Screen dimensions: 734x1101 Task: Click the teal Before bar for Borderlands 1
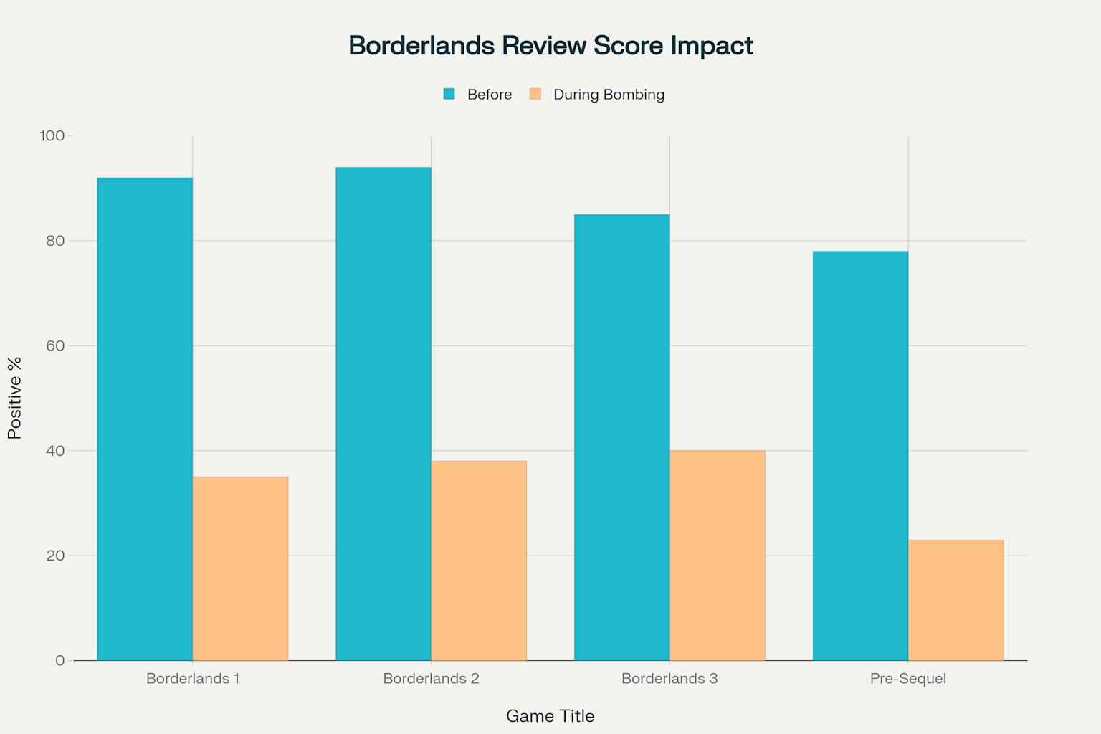point(145,419)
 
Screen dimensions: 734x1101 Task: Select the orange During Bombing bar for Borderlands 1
point(240,568)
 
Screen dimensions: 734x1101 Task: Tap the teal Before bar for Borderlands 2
point(383,414)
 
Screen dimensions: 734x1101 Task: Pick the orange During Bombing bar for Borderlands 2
point(479,561)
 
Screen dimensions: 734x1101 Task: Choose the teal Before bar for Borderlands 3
point(622,437)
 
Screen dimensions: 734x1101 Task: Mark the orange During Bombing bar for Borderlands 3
point(718,556)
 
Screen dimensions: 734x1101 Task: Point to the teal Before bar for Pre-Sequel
point(860,456)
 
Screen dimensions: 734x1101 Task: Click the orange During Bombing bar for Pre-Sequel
point(955,600)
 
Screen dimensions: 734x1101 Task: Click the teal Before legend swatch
point(449,94)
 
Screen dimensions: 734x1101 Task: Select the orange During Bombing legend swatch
point(535,94)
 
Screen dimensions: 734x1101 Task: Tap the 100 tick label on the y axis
point(52,136)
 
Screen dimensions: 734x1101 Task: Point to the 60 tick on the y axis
point(55,345)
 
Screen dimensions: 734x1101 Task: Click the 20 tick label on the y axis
point(55,556)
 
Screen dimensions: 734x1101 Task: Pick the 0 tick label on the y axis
point(59,660)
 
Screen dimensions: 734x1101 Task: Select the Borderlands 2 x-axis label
point(431,678)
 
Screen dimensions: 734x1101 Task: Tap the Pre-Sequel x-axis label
point(908,678)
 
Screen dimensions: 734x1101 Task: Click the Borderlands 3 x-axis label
point(669,678)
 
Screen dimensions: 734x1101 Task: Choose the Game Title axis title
point(550,716)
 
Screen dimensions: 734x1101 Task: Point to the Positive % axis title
point(15,398)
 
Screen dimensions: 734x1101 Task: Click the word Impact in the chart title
point(712,46)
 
